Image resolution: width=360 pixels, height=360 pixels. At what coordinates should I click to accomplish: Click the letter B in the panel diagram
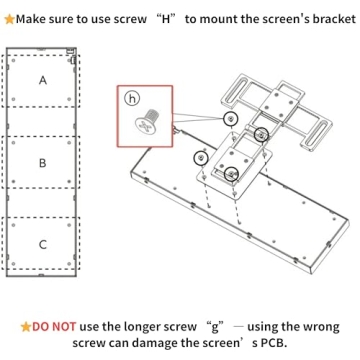42,161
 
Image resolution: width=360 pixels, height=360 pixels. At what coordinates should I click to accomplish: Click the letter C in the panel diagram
42,244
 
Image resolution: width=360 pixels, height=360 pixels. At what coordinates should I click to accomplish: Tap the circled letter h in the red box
133,98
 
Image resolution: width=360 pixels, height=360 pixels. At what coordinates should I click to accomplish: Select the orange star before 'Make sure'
8,18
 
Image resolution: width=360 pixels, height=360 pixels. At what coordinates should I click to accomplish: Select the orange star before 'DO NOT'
26,326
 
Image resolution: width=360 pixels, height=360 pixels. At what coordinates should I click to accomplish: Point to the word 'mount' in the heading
216,18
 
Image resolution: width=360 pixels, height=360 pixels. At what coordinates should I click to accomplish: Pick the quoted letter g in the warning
212,326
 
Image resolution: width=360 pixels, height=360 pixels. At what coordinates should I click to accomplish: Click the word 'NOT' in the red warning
63,326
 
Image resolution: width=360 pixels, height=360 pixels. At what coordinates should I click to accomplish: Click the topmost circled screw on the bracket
231,118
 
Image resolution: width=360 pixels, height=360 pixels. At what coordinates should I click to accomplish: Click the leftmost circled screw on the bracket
201,157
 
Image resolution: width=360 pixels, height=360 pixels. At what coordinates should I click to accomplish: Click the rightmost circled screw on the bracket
261,134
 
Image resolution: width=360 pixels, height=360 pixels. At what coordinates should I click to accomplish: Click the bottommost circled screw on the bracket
231,174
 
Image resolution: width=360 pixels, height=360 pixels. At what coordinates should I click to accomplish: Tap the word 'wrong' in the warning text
319,326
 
